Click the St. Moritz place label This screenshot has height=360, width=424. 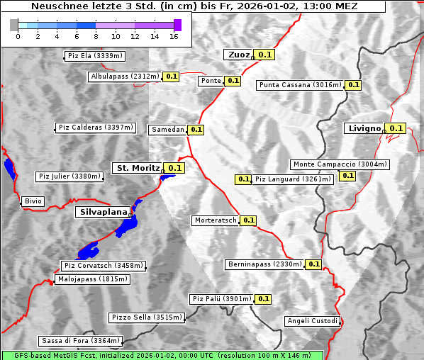point(138,168)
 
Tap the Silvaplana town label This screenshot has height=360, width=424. point(104,212)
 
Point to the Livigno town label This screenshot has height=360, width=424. point(364,128)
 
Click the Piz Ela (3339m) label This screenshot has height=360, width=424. point(94,56)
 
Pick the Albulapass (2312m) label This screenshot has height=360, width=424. point(125,77)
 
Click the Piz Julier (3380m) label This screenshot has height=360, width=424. point(69,176)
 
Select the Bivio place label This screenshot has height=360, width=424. point(33,202)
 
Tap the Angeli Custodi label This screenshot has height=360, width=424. point(313,321)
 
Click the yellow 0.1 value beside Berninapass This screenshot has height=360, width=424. point(314,264)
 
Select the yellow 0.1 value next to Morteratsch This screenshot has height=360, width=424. point(248,220)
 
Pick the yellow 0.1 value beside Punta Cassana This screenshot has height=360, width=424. point(354,85)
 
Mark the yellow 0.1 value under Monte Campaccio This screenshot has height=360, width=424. point(347,176)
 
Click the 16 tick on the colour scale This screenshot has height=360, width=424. point(174,36)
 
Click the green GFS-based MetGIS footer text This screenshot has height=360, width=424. point(162,355)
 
